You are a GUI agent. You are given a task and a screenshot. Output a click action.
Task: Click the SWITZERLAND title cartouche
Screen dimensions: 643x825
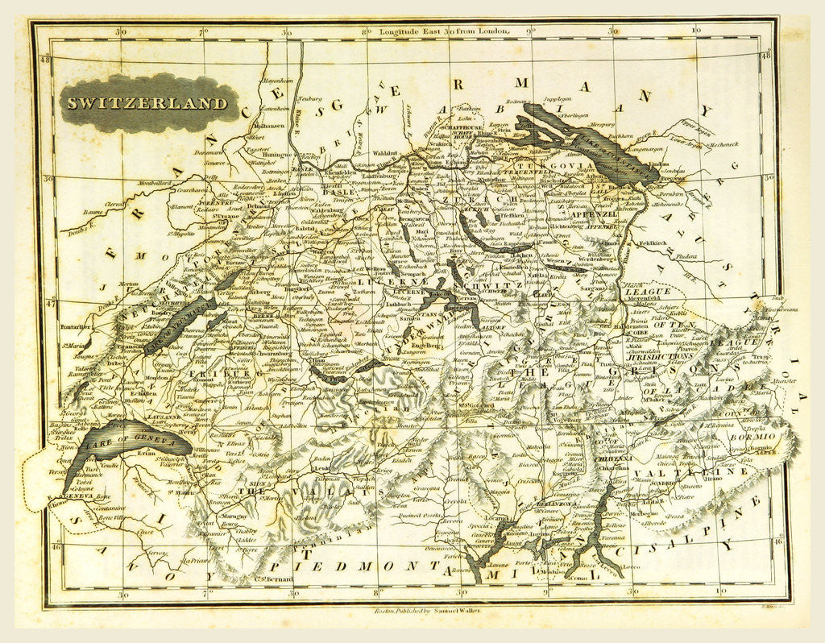(x=147, y=103)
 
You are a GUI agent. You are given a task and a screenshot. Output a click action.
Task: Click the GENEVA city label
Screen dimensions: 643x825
(x=81, y=497)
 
